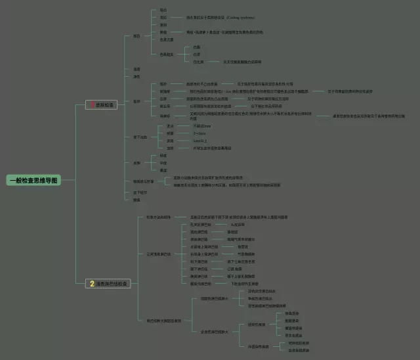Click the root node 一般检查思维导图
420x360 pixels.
(33, 180)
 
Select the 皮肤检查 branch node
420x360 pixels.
(104, 105)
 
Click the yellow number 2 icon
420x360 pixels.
(93, 284)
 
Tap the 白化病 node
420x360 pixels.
(198, 62)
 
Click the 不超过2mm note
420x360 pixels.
(201, 125)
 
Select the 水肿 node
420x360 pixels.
(136, 162)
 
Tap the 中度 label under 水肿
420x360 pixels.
(163, 163)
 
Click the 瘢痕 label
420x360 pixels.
(136, 200)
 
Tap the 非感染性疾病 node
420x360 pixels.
(257, 346)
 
